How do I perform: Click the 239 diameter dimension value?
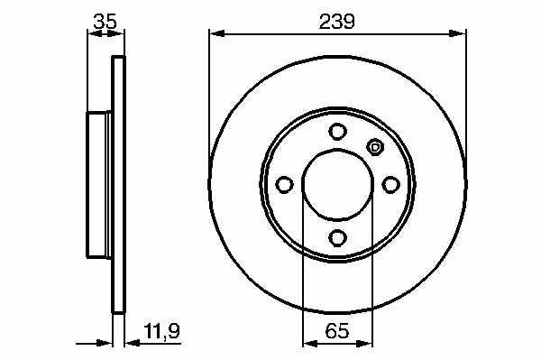point(336,22)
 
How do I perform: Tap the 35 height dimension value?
point(105,22)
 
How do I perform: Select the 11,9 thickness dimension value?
point(162,332)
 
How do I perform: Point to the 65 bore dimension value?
point(337,331)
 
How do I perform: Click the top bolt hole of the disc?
point(337,132)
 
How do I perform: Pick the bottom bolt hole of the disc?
point(337,238)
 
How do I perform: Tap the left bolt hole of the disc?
point(284,185)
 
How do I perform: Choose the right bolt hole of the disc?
point(390,185)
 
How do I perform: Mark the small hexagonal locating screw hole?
point(375,147)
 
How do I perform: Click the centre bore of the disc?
point(337,185)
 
